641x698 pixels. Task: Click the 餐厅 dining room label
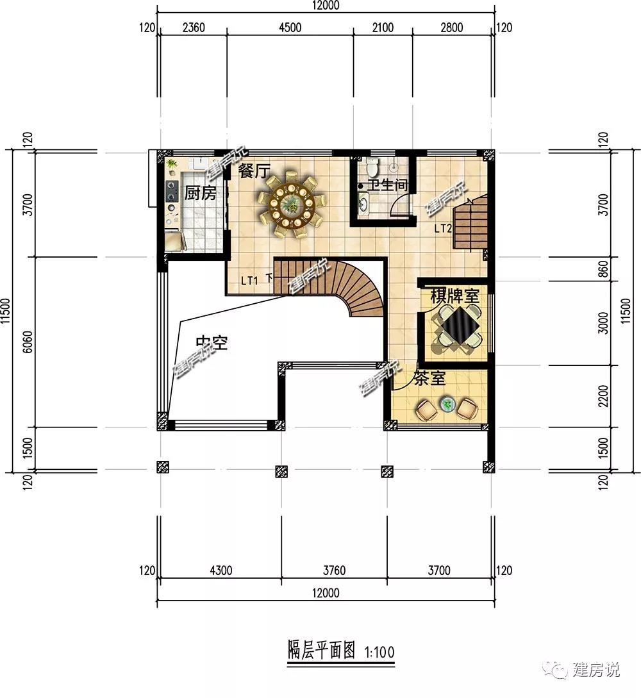[254, 172]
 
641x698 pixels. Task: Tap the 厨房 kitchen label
[200, 192]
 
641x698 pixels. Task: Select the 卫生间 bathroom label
[387, 185]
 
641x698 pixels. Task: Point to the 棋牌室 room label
[454, 296]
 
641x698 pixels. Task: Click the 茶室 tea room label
[429, 378]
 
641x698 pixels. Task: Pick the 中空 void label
[212, 344]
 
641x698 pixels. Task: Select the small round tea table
[447, 404]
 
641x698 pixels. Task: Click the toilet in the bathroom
[372, 169]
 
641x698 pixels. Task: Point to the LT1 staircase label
[250, 280]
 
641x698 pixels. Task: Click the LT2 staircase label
[443, 228]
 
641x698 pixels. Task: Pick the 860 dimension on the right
[603, 268]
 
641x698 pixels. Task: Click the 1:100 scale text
[379, 652]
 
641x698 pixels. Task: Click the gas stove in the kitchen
[172, 190]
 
